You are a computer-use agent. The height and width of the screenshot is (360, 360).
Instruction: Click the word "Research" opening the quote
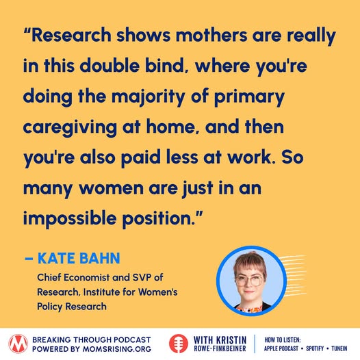point(71,35)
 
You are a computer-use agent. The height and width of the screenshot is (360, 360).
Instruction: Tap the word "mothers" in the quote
point(212,35)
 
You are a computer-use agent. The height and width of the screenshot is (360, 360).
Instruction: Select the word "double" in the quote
point(110,66)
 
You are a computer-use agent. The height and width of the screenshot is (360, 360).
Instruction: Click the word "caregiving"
point(70,128)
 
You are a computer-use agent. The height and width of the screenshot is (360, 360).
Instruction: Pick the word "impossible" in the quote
point(70,219)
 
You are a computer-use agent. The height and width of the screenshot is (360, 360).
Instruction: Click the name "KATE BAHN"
point(79,258)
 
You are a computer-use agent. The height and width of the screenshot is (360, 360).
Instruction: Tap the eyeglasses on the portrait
point(249,281)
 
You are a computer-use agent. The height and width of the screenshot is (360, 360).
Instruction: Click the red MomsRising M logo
point(18,344)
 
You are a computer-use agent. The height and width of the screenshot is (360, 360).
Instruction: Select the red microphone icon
point(179,344)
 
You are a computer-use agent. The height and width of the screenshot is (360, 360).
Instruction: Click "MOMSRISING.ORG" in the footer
point(117,349)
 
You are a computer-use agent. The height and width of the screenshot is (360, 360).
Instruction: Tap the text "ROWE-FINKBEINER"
point(220,349)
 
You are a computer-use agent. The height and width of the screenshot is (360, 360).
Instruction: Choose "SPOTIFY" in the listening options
point(315,349)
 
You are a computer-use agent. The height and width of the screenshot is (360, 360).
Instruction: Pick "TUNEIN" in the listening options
point(339,349)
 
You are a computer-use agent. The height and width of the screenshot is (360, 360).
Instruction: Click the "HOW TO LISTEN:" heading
point(283,339)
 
